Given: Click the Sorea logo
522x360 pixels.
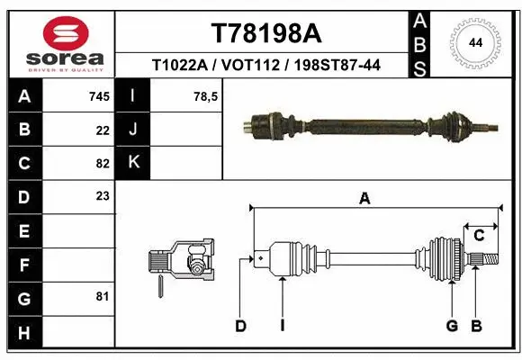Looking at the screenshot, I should (66, 42).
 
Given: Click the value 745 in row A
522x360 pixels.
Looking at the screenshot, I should (99, 96).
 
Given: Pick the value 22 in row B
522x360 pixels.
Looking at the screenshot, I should (102, 130).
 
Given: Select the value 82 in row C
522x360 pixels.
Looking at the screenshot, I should (102, 163).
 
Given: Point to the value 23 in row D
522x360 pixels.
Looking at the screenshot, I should (102, 195).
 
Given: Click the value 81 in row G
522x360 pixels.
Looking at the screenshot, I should (102, 295).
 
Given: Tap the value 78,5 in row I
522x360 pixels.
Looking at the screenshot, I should (207, 96).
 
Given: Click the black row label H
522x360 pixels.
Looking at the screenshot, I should (23, 333).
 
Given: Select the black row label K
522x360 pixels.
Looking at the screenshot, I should (134, 163).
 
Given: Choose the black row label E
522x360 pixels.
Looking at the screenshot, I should (23, 230).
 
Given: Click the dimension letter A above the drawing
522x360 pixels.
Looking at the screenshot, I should (364, 199).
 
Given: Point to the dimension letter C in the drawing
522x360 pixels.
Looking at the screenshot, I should (479, 236).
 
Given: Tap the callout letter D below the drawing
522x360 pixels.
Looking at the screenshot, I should (240, 326).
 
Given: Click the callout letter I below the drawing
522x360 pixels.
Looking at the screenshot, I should (282, 326).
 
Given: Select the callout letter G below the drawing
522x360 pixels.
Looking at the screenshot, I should (452, 326).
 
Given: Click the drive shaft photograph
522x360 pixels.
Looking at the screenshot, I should (369, 124).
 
